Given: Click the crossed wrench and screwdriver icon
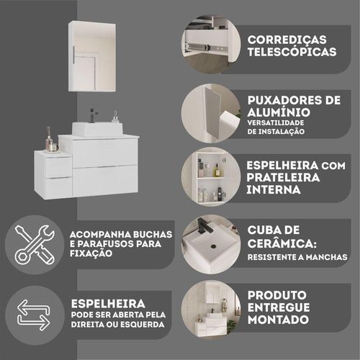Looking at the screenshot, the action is [35, 245].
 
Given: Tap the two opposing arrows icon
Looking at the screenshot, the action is [34, 315].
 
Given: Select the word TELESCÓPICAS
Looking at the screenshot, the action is [292, 52].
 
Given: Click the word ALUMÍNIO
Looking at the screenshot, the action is [279, 112].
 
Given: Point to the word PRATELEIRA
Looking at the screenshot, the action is [283, 178].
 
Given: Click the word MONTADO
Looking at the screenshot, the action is [278, 320].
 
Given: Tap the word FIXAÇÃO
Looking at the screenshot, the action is [91, 253].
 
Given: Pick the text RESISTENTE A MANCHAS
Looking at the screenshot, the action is [297, 257].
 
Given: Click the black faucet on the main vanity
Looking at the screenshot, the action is [92, 115].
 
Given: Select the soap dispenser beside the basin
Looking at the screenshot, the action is [116, 117].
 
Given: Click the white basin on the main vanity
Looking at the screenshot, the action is [97, 129].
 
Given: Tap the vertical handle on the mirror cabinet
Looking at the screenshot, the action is [73, 55].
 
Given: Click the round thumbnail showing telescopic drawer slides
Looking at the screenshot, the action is [211, 44].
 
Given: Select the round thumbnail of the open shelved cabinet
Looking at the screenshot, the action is [211, 176].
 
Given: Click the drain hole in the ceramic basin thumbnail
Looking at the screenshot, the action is [213, 246].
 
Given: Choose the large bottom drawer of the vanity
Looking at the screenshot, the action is [105, 181].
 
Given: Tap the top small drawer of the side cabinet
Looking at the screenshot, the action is [59, 167].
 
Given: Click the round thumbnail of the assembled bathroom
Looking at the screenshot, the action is [211, 310].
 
